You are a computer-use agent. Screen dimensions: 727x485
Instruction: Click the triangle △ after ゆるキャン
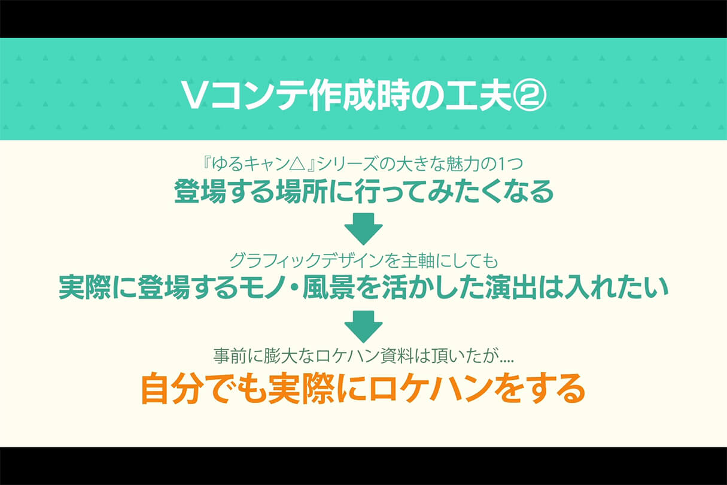point(296,165)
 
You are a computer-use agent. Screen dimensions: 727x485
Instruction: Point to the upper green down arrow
point(364,229)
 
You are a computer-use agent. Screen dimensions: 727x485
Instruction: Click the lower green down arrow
point(364,326)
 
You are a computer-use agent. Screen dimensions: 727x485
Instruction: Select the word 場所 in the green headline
point(301,191)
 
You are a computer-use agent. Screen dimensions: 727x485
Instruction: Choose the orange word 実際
point(300,389)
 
